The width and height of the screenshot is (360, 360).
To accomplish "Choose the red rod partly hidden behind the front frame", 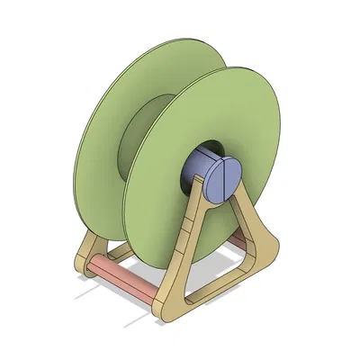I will tap(236, 239).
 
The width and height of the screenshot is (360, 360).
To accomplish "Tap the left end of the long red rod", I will tap(93, 262).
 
